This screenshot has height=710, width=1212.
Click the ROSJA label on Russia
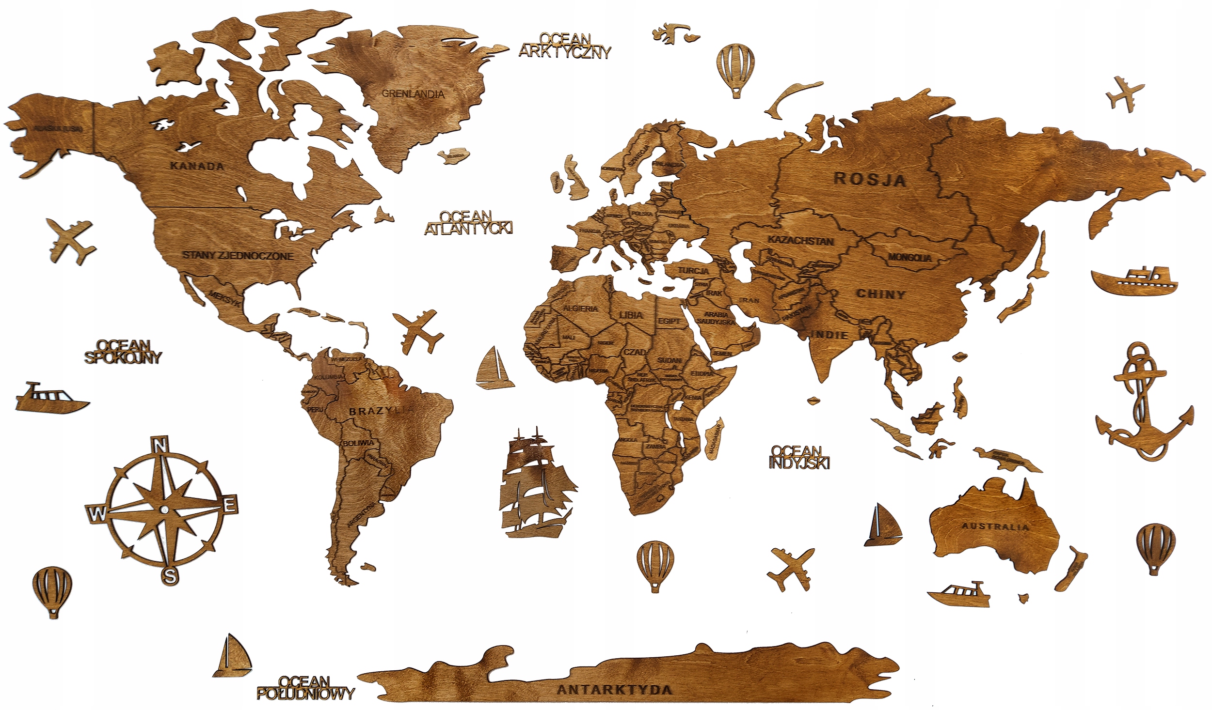[870, 179]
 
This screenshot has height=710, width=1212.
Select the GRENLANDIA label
[413, 93]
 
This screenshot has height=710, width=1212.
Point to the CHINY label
[881, 294]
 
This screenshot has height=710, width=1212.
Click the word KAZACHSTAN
[801, 241]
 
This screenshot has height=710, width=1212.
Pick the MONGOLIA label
[909, 258]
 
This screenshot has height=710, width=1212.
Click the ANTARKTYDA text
[614, 690]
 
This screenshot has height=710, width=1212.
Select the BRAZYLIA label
[381, 411]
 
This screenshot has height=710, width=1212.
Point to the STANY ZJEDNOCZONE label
[238, 255]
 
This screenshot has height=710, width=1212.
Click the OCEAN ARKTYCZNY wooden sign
[565, 45]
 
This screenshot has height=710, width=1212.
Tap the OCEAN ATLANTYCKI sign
[468, 222]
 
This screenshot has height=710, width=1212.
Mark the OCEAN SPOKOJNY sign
[123, 352]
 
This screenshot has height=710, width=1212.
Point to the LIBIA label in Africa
[631, 315]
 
